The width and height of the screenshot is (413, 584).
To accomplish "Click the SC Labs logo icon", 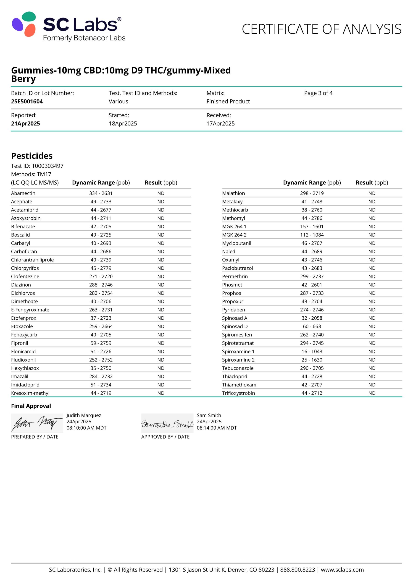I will click(24, 24).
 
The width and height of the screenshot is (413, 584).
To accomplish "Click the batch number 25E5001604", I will click(27, 102).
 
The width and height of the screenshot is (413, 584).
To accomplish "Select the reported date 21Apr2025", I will click(26, 124).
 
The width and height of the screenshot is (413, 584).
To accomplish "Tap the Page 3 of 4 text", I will click(318, 93).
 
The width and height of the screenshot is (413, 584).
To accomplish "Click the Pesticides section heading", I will click(32, 156).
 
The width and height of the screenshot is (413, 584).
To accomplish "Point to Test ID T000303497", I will click(37, 166).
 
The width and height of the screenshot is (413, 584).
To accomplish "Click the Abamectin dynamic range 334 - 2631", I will click(101, 193).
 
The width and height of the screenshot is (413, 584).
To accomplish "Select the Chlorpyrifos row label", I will click(25, 268).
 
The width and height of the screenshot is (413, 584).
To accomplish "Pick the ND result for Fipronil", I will click(161, 343).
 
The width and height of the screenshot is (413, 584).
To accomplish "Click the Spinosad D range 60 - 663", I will click(312, 326).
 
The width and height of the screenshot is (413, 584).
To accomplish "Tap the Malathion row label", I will click(233, 193).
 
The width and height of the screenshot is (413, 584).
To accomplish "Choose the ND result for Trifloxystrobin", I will click(372, 393).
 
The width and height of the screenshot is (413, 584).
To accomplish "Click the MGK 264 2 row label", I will click(234, 235).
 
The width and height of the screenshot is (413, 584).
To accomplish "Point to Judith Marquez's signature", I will click(37, 423).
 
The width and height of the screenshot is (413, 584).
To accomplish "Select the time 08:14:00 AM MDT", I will click(216, 428).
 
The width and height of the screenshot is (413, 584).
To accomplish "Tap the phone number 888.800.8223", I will click(297, 570).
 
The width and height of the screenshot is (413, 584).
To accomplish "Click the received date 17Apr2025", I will click(221, 124).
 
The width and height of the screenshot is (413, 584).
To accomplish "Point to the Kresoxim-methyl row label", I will click(30, 393).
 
